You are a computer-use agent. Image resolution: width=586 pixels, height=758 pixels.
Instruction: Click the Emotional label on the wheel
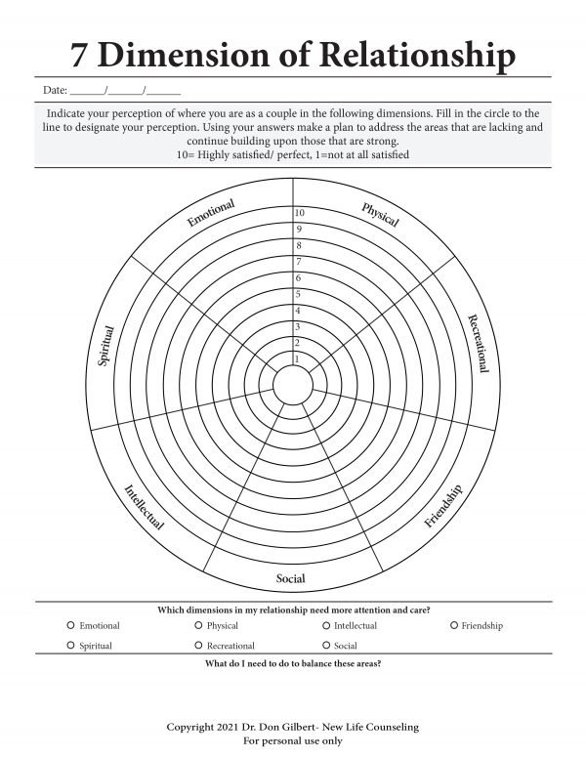click(x=210, y=214)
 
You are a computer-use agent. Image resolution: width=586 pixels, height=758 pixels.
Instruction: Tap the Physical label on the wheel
click(x=380, y=215)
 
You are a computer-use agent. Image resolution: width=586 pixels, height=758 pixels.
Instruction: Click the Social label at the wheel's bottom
click(x=291, y=579)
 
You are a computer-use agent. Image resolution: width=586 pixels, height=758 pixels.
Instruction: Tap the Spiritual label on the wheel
click(x=106, y=347)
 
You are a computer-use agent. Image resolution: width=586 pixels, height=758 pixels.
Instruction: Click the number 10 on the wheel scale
click(x=300, y=213)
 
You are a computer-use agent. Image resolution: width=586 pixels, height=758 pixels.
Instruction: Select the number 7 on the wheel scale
click(x=298, y=262)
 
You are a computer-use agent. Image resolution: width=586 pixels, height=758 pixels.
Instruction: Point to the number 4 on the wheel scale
click(x=298, y=311)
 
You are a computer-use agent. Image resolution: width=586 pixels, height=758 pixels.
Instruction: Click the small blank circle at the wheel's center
click(x=291, y=381)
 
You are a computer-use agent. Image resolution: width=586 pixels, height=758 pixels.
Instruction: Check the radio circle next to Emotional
click(x=71, y=625)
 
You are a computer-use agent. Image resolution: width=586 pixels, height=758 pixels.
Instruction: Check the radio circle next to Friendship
click(x=453, y=625)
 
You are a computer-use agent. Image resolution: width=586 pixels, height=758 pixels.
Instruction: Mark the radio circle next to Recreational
click(x=198, y=646)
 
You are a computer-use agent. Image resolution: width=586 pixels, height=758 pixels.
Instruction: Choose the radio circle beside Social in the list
click(x=325, y=646)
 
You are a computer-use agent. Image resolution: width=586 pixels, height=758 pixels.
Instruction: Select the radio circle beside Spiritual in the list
click(x=71, y=646)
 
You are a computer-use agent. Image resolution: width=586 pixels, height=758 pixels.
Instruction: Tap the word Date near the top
click(x=54, y=91)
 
